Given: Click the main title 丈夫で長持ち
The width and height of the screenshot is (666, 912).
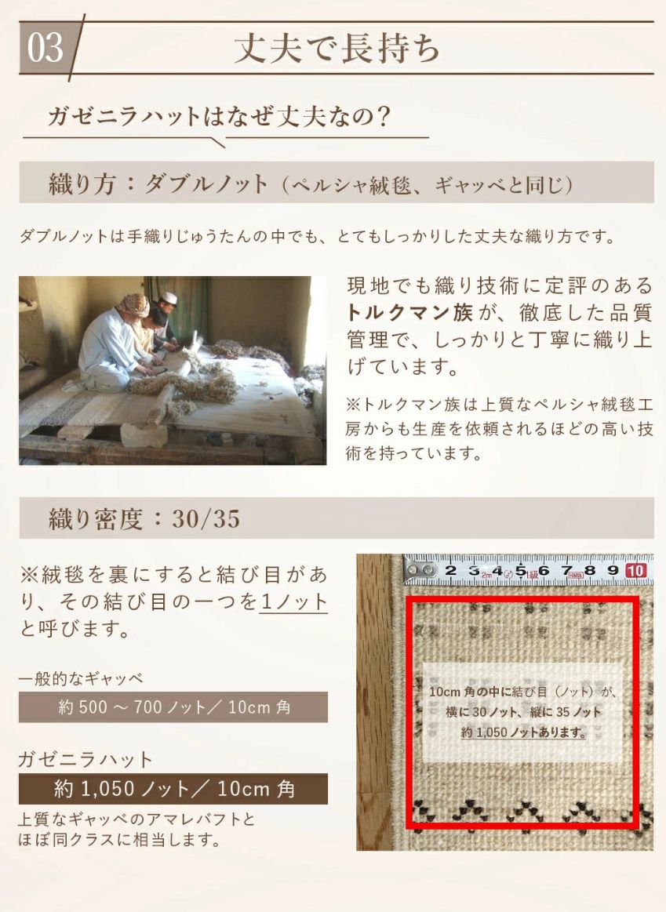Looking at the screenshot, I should point(337,49).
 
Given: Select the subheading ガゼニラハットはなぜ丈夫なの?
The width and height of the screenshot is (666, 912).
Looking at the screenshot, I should point(219,117).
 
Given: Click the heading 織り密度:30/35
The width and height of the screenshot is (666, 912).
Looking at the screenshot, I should point(144,518).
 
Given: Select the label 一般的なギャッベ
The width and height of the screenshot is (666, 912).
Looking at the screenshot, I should point(81,678).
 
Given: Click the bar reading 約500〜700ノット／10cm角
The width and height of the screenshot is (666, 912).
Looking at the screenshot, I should point(173,707).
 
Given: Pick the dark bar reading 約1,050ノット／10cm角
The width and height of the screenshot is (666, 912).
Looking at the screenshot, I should point(173,788).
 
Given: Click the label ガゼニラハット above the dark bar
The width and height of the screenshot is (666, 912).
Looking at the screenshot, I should point(86,759).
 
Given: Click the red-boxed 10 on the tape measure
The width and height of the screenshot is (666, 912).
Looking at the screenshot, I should point(637,570).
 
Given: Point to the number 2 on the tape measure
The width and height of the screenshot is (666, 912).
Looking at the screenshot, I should point(450,570).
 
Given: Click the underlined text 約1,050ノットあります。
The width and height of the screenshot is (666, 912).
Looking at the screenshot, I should point(523,732).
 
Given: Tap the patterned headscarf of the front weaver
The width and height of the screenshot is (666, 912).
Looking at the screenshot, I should point(133,304).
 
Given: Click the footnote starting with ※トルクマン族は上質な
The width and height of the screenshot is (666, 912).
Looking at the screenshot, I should point(500,429).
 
